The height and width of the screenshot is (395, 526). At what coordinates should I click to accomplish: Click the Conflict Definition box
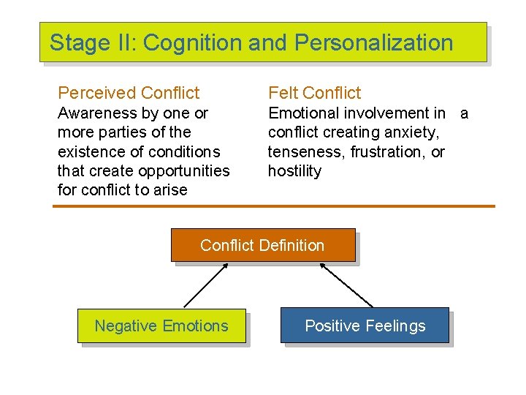point(262,245)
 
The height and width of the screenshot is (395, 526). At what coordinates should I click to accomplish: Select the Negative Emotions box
point(161,326)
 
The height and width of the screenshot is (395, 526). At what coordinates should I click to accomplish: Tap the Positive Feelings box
point(365,326)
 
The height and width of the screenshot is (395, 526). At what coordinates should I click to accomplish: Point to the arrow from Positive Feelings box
point(346,285)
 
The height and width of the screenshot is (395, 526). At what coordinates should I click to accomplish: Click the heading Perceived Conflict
point(129,93)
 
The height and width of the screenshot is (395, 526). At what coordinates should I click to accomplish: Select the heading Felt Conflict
point(314,93)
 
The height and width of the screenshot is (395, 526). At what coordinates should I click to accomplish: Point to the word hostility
point(294,171)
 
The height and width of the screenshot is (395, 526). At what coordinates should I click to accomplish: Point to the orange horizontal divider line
point(273,206)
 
